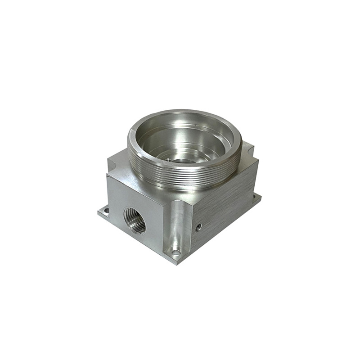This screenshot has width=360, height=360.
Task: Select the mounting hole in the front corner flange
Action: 176,253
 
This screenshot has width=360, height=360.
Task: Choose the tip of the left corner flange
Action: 99,211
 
